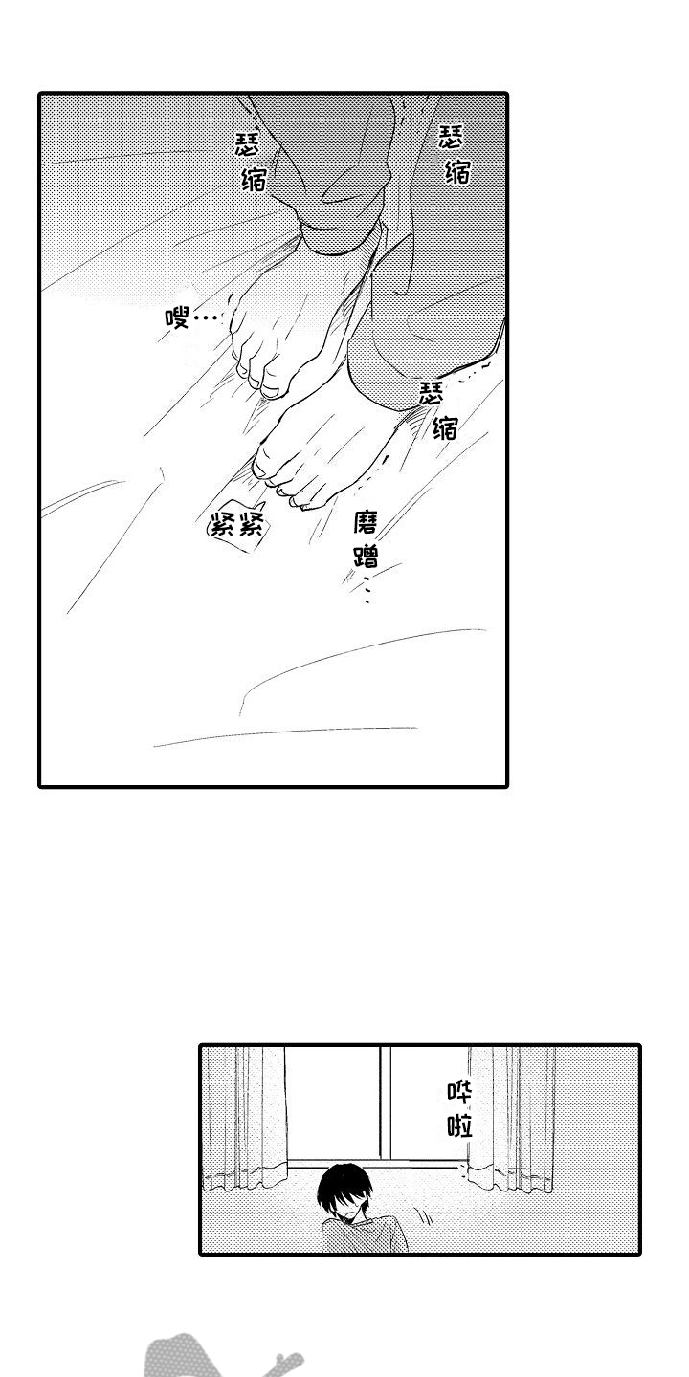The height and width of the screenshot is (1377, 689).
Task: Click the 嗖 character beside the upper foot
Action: [x=176, y=317]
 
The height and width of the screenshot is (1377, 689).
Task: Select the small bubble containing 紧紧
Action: [x=237, y=529]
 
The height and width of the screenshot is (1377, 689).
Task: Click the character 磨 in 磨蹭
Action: [x=366, y=524]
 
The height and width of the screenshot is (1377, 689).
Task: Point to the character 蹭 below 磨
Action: [x=367, y=556]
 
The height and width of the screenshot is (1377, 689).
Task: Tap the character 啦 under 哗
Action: [x=459, y=1126]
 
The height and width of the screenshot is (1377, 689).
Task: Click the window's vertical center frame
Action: [x=385, y=1104]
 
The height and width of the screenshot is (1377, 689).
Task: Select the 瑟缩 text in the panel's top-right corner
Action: [x=455, y=154]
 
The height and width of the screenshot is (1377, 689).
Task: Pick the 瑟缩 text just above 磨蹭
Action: [x=438, y=410]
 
